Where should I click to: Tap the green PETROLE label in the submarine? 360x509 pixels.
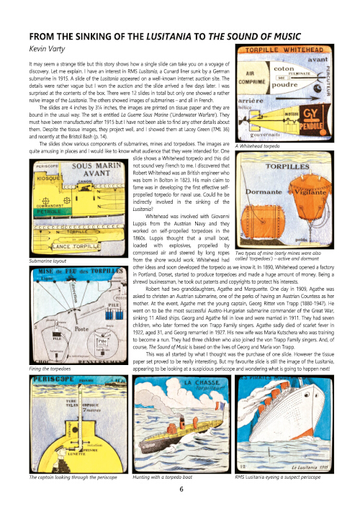pyautogui.click(x=44, y=213)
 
